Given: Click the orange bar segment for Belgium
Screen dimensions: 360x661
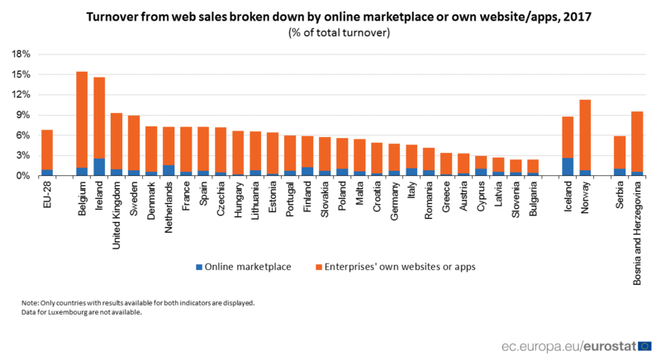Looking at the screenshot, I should click(82, 120).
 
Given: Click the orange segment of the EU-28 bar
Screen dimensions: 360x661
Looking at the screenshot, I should click(47, 149).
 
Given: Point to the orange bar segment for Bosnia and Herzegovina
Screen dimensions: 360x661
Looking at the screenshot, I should click(637, 141).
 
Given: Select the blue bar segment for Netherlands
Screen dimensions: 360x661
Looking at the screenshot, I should click(169, 170).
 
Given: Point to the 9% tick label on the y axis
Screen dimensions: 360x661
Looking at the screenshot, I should click(23, 115).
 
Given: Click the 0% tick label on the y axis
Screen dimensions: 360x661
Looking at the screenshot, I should click(23, 176).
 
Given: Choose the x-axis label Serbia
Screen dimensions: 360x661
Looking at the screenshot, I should click(620, 195).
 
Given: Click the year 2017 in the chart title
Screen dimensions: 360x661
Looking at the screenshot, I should click(565, 16).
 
